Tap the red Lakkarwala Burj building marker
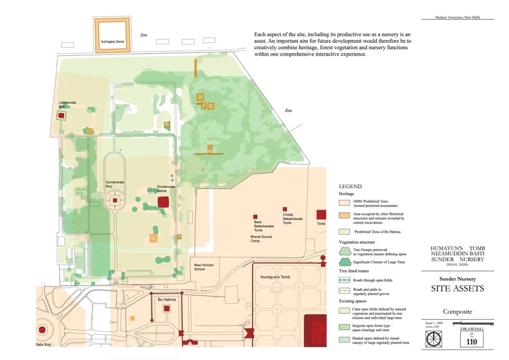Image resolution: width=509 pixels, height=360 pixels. [62, 116]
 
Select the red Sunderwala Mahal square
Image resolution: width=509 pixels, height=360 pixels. [163, 202]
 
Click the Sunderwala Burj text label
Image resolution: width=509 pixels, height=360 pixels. [114, 184]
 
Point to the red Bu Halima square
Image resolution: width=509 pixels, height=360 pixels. [167, 309]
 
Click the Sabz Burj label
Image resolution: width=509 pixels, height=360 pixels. [42, 344]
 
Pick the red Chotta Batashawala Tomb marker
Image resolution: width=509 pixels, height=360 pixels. [285, 209]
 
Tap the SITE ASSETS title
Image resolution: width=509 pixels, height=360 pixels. [457, 289]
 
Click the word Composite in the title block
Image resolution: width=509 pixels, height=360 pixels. [457, 312]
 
